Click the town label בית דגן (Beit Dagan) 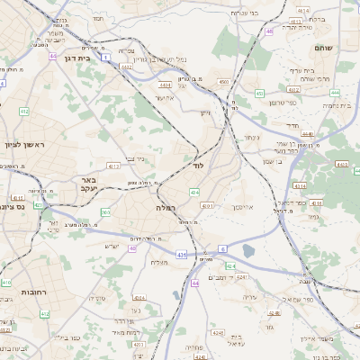tap(79, 58)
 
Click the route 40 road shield tap(132, 248)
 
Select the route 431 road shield tap(182, 256)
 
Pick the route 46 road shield tap(269, 31)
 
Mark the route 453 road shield tap(259, 93)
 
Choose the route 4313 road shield tap(113, 166)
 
